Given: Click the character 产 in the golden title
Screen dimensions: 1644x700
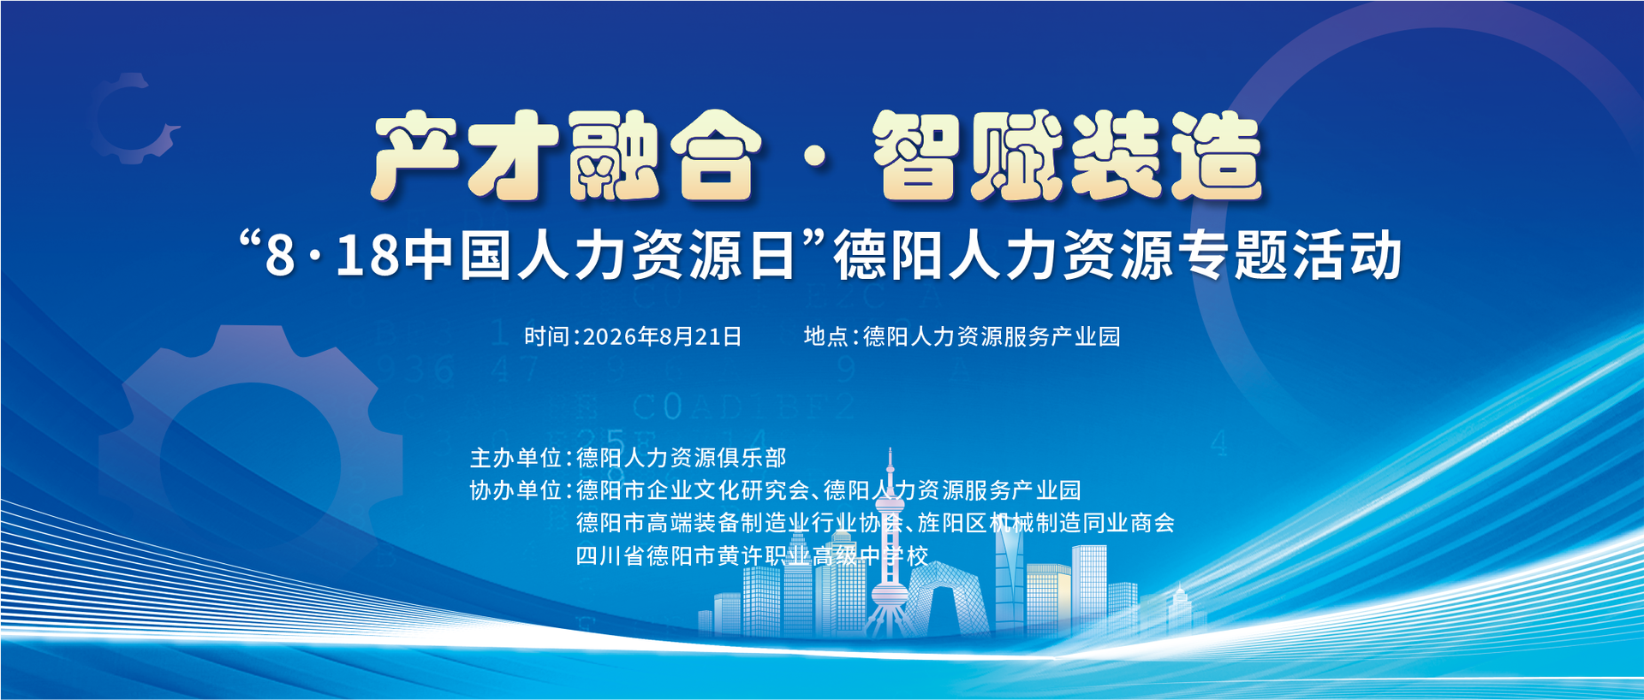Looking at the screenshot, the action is tap(417, 156).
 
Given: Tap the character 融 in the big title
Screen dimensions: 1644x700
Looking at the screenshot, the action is tap(613, 156).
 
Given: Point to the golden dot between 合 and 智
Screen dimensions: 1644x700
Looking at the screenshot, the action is tap(817, 157).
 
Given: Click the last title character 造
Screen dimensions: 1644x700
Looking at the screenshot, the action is tap(1215, 156).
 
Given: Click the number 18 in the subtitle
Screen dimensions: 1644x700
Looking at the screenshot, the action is tap(367, 256).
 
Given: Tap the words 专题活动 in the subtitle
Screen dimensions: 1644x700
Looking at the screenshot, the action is tap(1290, 256).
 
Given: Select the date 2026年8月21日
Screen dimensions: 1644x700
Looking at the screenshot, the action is tap(662, 336).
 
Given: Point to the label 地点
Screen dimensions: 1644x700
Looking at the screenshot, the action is tap(825, 336).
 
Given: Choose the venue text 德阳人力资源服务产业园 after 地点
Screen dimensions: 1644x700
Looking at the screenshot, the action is tap(992, 336).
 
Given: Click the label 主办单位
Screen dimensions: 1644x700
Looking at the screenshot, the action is tap(515, 458).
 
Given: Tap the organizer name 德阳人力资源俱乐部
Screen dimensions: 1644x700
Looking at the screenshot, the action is tap(682, 458).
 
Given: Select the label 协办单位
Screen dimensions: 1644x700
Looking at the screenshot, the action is tap(515, 490).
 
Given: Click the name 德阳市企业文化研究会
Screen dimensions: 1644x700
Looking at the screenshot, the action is tap(693, 490).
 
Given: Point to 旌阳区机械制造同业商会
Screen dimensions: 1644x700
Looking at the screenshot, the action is tap(1046, 523).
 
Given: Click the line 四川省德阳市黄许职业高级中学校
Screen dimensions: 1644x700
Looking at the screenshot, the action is tap(752, 556).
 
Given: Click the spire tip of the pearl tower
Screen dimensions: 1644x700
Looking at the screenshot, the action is tap(890, 448).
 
